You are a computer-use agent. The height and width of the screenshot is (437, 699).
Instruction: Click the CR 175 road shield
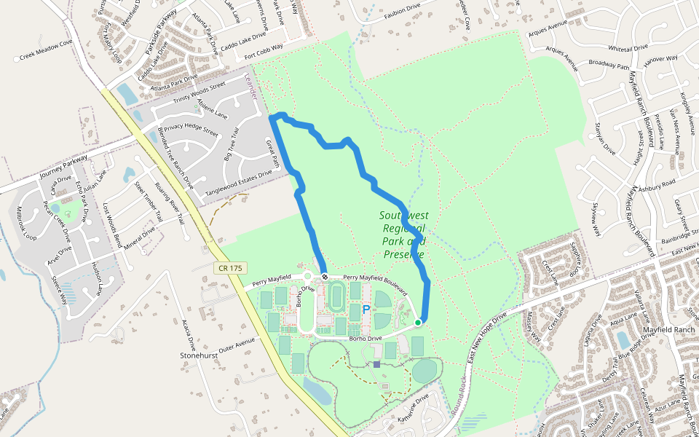tap(229, 268)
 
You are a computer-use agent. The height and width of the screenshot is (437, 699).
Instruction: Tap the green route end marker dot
tap(418, 322)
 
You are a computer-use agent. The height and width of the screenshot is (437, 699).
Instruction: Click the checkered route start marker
tap(324, 276)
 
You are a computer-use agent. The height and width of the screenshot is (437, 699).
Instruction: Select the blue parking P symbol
tap(366, 310)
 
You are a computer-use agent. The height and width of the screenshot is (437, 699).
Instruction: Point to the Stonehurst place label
tap(200, 355)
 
